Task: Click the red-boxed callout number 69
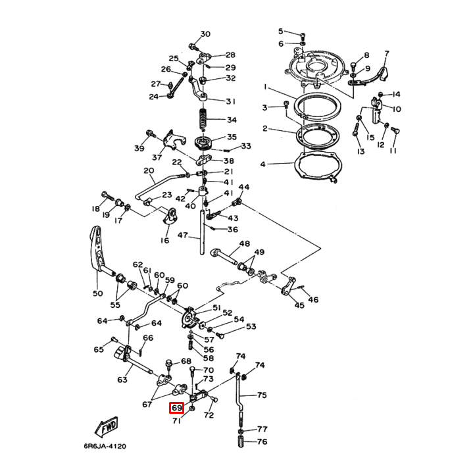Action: (176, 409)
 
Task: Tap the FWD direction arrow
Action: (107, 426)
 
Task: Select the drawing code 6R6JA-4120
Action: (104, 447)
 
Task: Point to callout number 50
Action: (97, 293)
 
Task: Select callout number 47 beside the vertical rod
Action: (182, 235)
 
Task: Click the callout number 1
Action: (266, 87)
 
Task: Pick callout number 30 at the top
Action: (205, 34)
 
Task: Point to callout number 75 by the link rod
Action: (262, 395)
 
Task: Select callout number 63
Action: (122, 380)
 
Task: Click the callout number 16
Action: (164, 241)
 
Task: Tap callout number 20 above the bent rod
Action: (149, 170)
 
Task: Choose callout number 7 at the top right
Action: (387, 54)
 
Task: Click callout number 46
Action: (313, 300)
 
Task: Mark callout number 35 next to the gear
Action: (232, 137)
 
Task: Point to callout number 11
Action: (393, 151)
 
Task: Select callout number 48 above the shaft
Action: (244, 244)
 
